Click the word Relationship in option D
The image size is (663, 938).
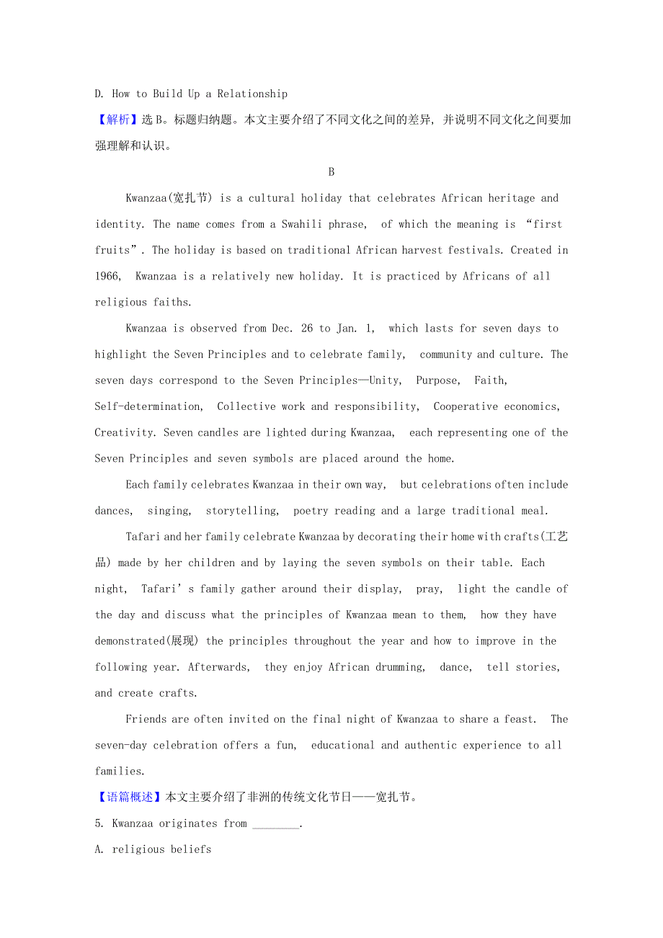252,94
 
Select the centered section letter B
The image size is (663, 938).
331,171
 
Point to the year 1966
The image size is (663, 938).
108,276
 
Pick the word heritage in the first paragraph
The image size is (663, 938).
512,198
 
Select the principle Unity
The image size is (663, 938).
383,380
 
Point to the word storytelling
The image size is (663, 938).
242,511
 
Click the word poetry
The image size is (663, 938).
311,511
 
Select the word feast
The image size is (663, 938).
520,719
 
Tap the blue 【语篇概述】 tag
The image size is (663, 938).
130,797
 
